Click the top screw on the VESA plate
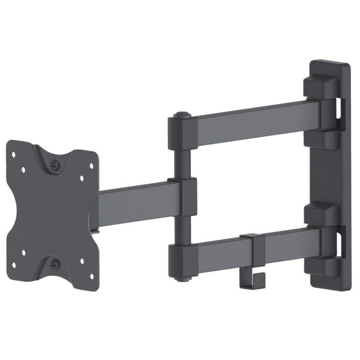click(55, 164)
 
